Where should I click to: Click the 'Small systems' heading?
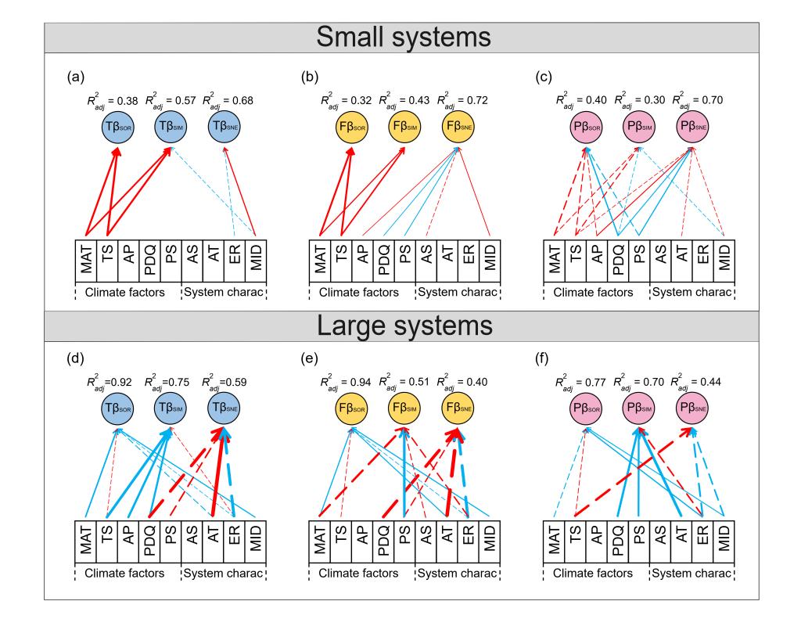coord(400,37)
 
